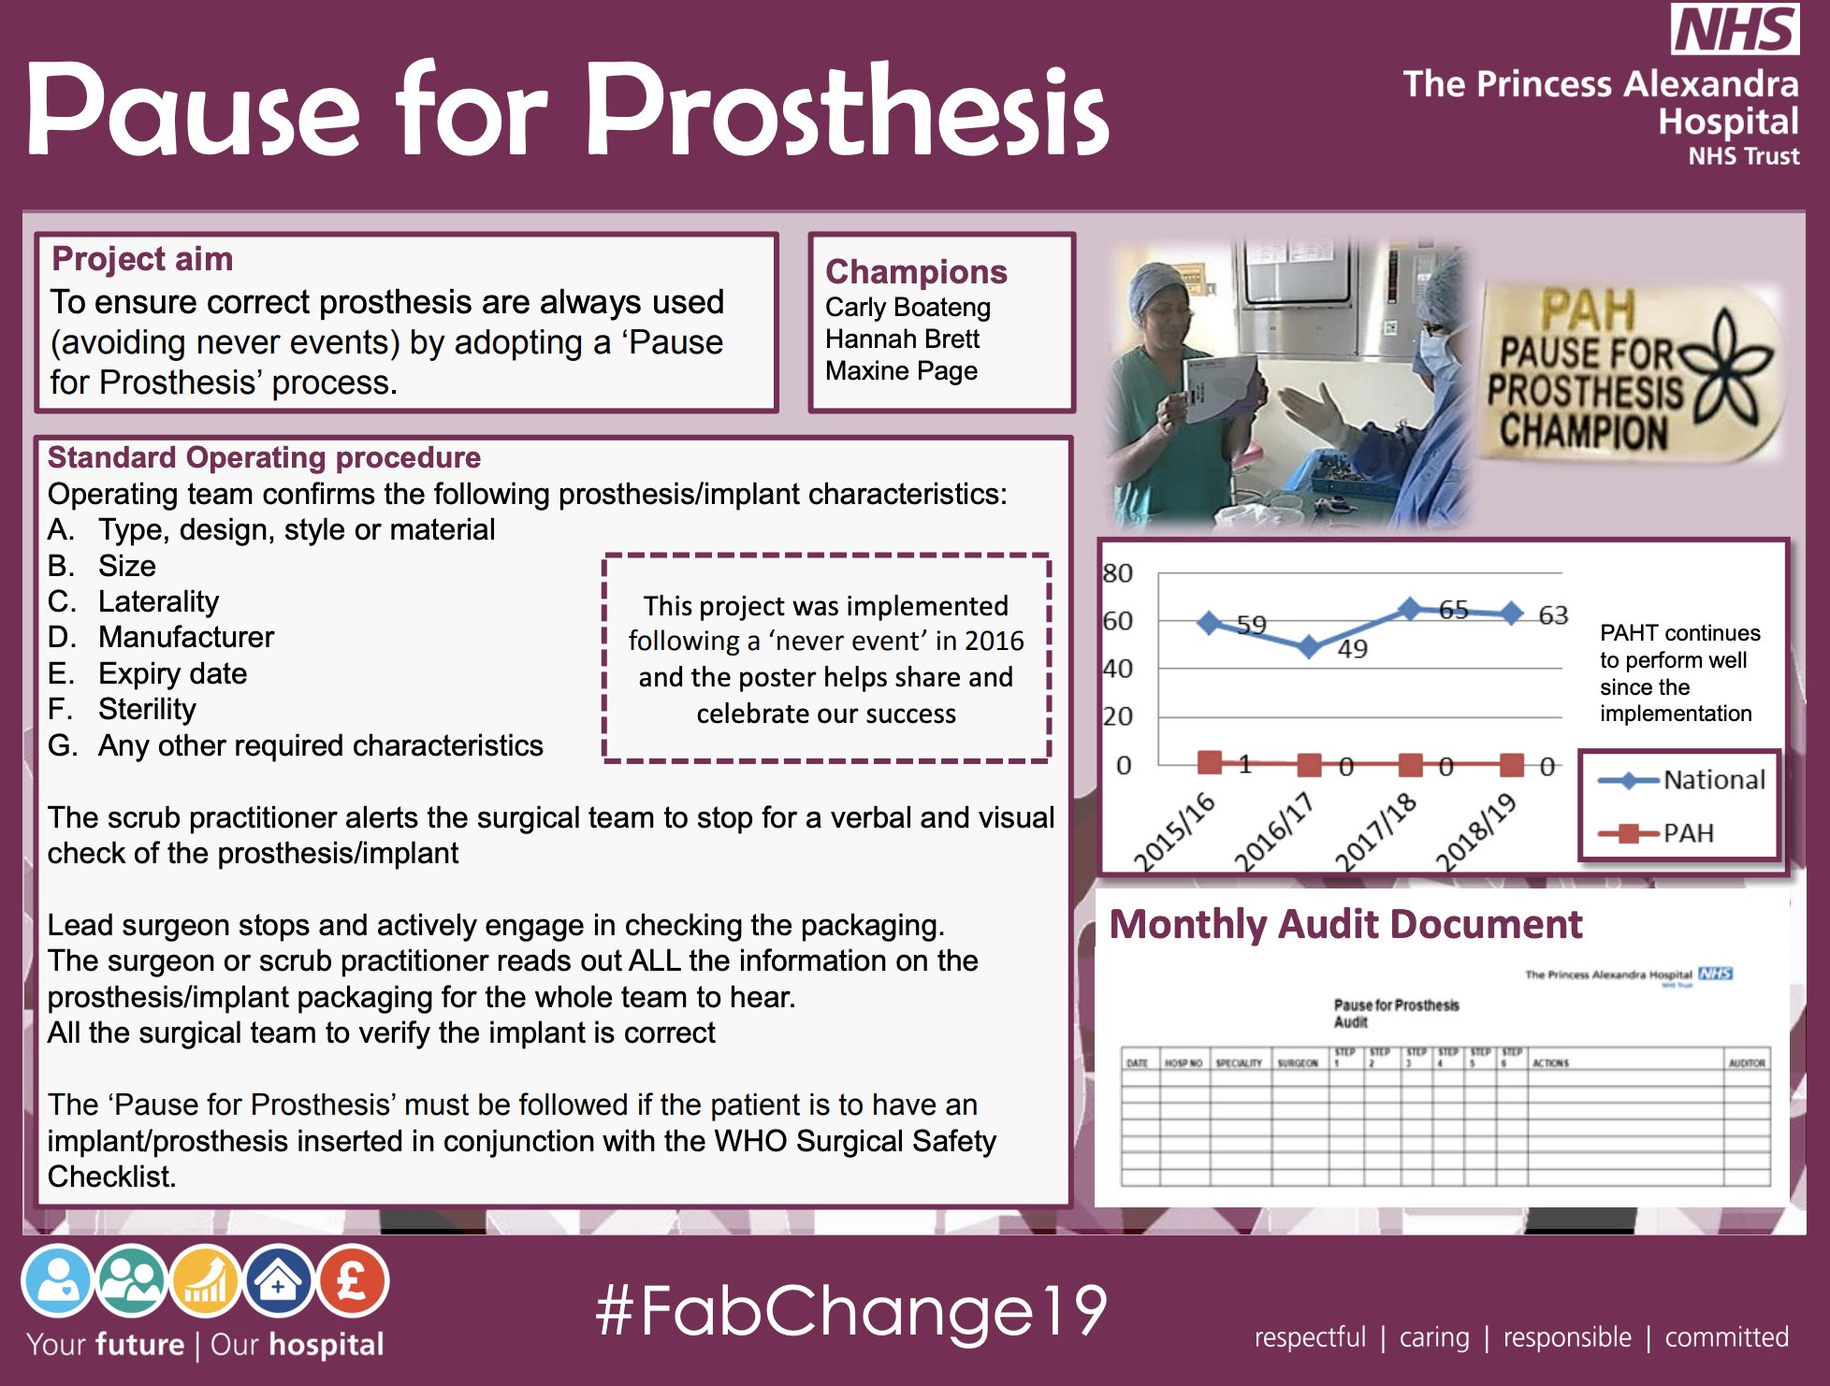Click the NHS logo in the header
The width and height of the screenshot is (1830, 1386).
tap(1734, 29)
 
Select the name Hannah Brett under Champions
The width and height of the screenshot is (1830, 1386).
tap(902, 339)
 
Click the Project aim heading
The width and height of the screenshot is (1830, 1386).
tap(142, 259)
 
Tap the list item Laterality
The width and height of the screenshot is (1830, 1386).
tap(158, 601)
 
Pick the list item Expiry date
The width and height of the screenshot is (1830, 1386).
tap(172, 673)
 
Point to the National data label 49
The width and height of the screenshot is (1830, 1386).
tap(1352, 649)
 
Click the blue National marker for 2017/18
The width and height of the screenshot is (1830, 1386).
tap(1410, 610)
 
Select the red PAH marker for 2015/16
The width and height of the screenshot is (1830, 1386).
tap(1210, 762)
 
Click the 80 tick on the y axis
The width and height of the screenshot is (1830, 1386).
tap(1118, 572)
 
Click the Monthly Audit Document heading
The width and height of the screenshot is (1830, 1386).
tap(1345, 924)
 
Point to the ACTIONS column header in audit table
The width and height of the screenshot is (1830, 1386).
tap(1550, 1063)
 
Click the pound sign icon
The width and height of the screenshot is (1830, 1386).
tap(353, 1280)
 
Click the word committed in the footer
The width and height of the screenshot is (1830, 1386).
tap(1726, 1337)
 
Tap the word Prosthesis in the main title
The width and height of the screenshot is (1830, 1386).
tap(847, 110)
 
